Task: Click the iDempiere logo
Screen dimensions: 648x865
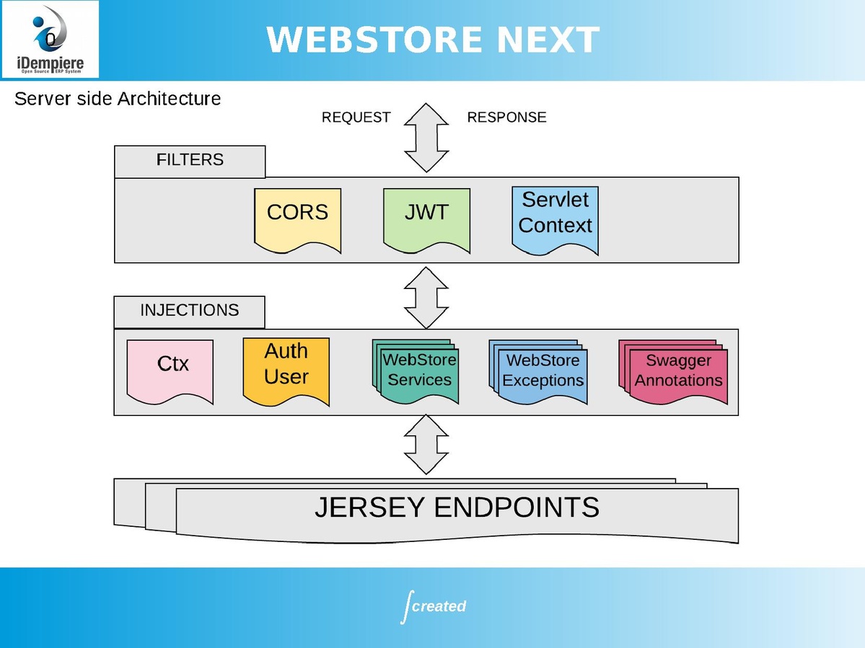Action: pos(50,40)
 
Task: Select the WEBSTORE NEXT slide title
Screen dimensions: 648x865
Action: pos(433,40)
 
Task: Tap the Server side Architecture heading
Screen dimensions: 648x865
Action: pos(118,99)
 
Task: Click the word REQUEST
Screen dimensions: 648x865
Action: pos(356,117)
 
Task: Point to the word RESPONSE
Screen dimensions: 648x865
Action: pos(506,117)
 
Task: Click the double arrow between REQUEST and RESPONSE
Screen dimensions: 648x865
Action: pos(426,137)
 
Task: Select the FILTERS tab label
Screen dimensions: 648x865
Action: pos(190,160)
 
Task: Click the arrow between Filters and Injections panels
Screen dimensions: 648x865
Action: pos(426,298)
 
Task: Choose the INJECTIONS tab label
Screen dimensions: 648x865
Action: pos(189,311)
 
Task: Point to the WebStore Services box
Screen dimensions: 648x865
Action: pos(418,372)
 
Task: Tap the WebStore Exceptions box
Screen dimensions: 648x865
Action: pos(543,372)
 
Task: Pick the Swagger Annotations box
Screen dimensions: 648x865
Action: pos(678,373)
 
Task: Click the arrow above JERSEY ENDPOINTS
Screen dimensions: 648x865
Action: pos(426,444)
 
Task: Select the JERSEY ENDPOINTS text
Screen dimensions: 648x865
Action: pos(457,508)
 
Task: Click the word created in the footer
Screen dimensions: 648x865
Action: pos(439,606)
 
